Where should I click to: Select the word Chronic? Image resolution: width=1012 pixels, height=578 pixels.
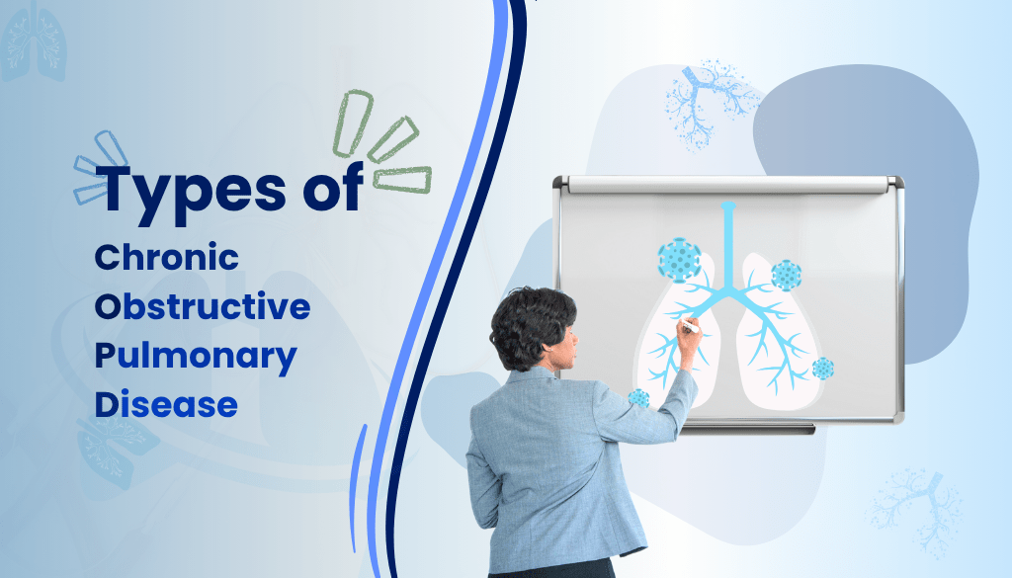pos(166,258)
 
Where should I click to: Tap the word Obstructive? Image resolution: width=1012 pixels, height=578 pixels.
pos(202,306)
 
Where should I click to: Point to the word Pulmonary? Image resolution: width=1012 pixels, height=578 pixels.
pos(195,356)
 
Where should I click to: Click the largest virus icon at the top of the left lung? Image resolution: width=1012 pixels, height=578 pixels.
pos(679,260)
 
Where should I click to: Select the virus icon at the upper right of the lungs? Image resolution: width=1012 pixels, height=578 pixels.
pos(786,274)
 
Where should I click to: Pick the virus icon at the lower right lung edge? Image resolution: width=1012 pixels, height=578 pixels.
pos(822,369)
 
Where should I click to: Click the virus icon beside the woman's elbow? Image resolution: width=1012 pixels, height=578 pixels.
pos(638,398)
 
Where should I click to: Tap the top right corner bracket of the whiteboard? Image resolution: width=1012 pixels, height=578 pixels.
pos(895,184)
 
